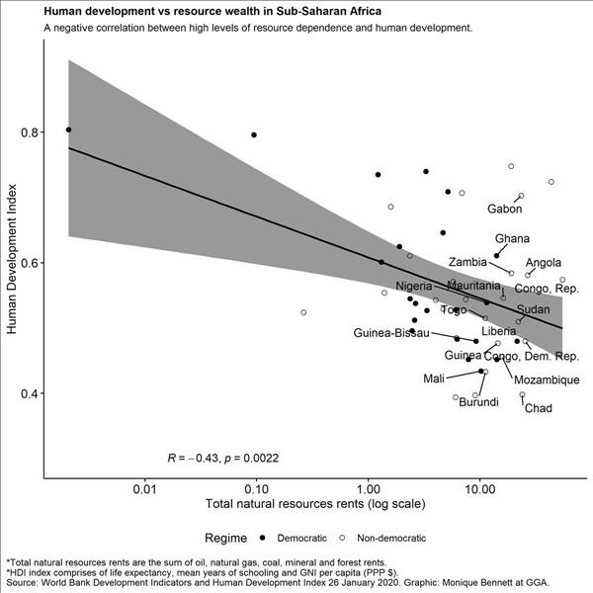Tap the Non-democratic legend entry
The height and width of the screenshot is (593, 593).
tap(386, 539)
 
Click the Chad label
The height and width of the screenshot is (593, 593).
tap(538, 408)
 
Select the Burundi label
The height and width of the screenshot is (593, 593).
tap(478, 401)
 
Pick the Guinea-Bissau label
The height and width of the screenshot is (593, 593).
tap(390, 333)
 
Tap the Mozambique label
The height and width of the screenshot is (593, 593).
tap(547, 380)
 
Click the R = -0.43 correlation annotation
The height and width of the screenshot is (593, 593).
tap(222, 458)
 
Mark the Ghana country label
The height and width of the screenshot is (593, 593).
tap(512, 239)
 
